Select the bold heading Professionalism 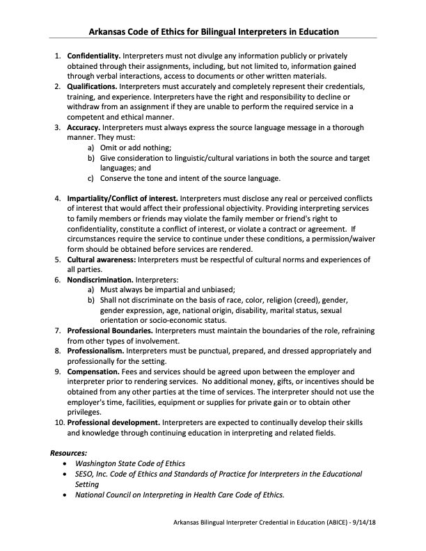tap(96, 351)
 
